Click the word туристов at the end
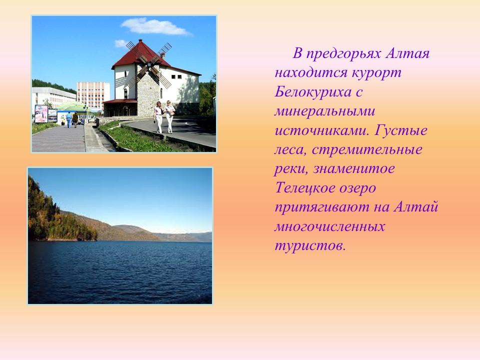pyautogui.click(x=309, y=246)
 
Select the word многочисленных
pyautogui.click(x=329, y=226)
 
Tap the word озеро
pyautogui.click(x=356, y=188)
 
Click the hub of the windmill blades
pyautogui.click(x=148, y=64)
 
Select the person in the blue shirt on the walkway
pyautogui.click(x=69, y=119)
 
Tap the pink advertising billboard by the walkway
pyautogui.click(x=41, y=113)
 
